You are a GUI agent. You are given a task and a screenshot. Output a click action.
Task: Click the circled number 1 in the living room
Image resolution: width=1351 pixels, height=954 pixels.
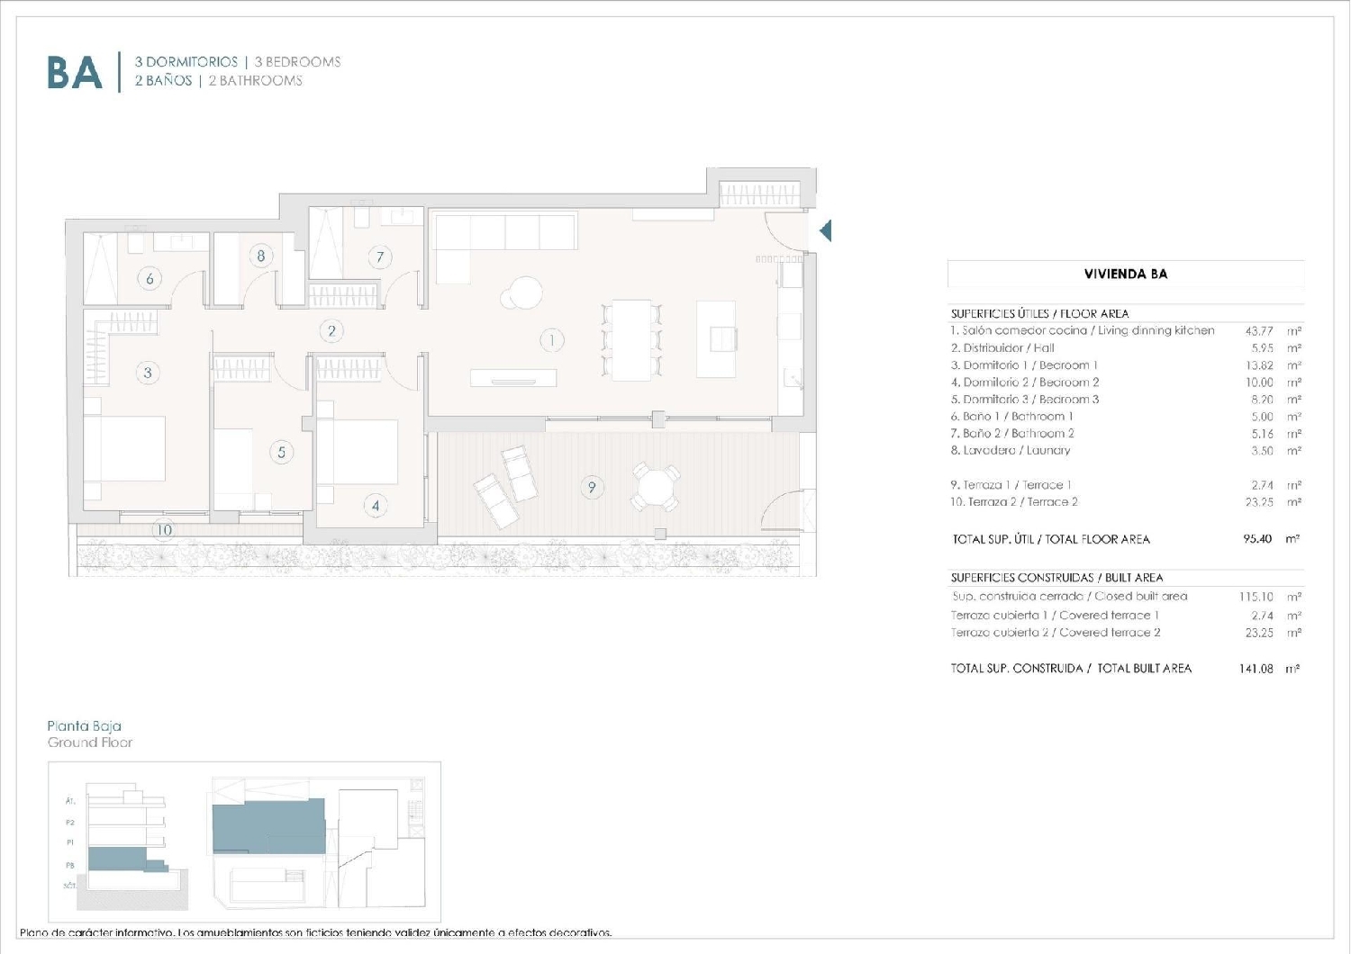[551, 340]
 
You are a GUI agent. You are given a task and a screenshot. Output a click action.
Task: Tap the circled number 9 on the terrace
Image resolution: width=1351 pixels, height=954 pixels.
[592, 488]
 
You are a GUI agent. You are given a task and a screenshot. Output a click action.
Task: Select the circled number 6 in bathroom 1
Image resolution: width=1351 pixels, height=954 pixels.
[150, 278]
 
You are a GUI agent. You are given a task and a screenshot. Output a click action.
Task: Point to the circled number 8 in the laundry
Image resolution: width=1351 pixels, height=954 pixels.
[261, 256]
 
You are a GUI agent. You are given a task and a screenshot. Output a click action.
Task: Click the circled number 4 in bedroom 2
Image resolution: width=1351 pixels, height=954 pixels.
[376, 506]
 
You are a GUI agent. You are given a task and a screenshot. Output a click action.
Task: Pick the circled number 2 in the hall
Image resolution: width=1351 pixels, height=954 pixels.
[331, 331]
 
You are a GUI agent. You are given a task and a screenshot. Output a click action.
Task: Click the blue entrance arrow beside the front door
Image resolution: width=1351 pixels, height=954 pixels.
[825, 231]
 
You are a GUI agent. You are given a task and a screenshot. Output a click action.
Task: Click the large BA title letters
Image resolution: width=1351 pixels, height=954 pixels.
[74, 73]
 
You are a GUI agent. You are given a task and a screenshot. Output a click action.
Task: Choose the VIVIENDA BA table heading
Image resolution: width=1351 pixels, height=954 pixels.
[1125, 274]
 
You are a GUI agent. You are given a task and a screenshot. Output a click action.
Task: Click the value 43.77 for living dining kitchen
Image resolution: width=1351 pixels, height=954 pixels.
[1258, 331]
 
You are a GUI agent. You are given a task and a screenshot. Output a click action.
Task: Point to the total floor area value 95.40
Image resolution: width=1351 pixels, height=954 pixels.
[1256, 539]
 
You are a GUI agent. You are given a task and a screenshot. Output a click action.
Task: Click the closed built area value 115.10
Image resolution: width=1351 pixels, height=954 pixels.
[1256, 597]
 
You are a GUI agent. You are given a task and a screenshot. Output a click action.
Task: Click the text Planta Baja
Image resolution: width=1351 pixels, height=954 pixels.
[84, 725]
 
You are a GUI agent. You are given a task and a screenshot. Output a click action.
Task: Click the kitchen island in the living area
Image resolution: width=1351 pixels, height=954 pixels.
[716, 339]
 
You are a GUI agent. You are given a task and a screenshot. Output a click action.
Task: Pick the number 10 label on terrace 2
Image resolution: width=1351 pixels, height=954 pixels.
[164, 530]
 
